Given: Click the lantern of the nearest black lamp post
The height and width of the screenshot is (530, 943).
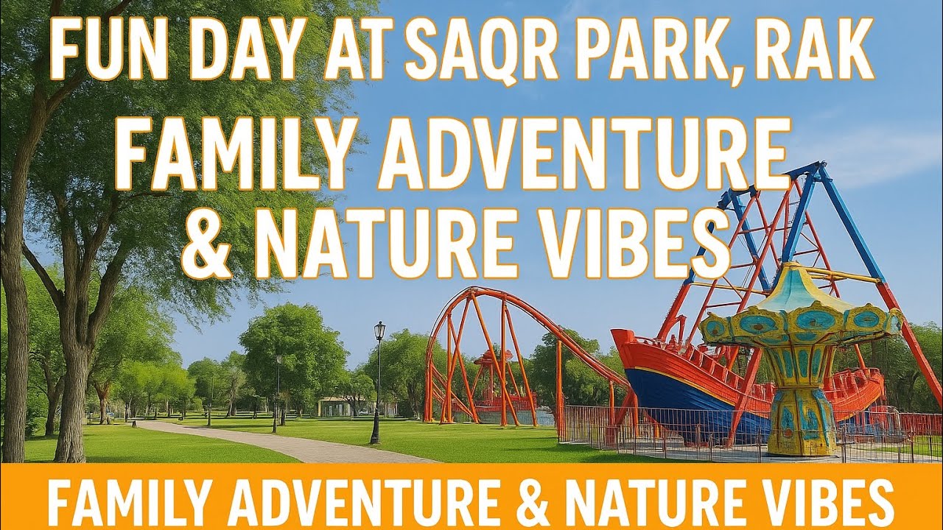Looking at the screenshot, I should click(x=379, y=331).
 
